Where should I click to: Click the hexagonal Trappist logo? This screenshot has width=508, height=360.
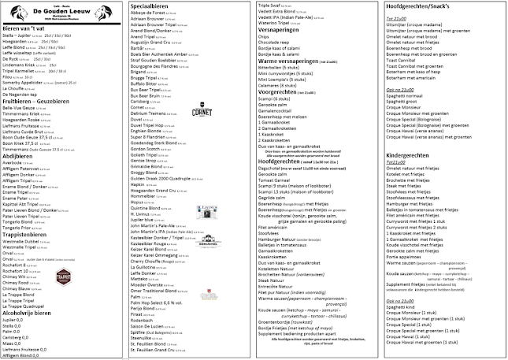click(63, 276)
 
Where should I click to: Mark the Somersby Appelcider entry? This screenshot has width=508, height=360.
click(31, 82)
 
